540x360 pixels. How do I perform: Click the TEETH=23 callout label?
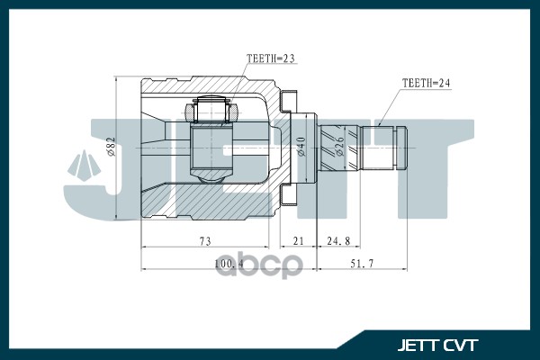(x=271, y=59)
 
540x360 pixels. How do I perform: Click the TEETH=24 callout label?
(x=425, y=83)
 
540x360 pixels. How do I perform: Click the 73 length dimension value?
(x=204, y=240)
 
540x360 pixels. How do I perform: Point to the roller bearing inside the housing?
(x=210, y=113)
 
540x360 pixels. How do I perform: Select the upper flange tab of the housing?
(x=289, y=99)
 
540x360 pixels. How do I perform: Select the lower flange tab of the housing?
(x=289, y=195)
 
